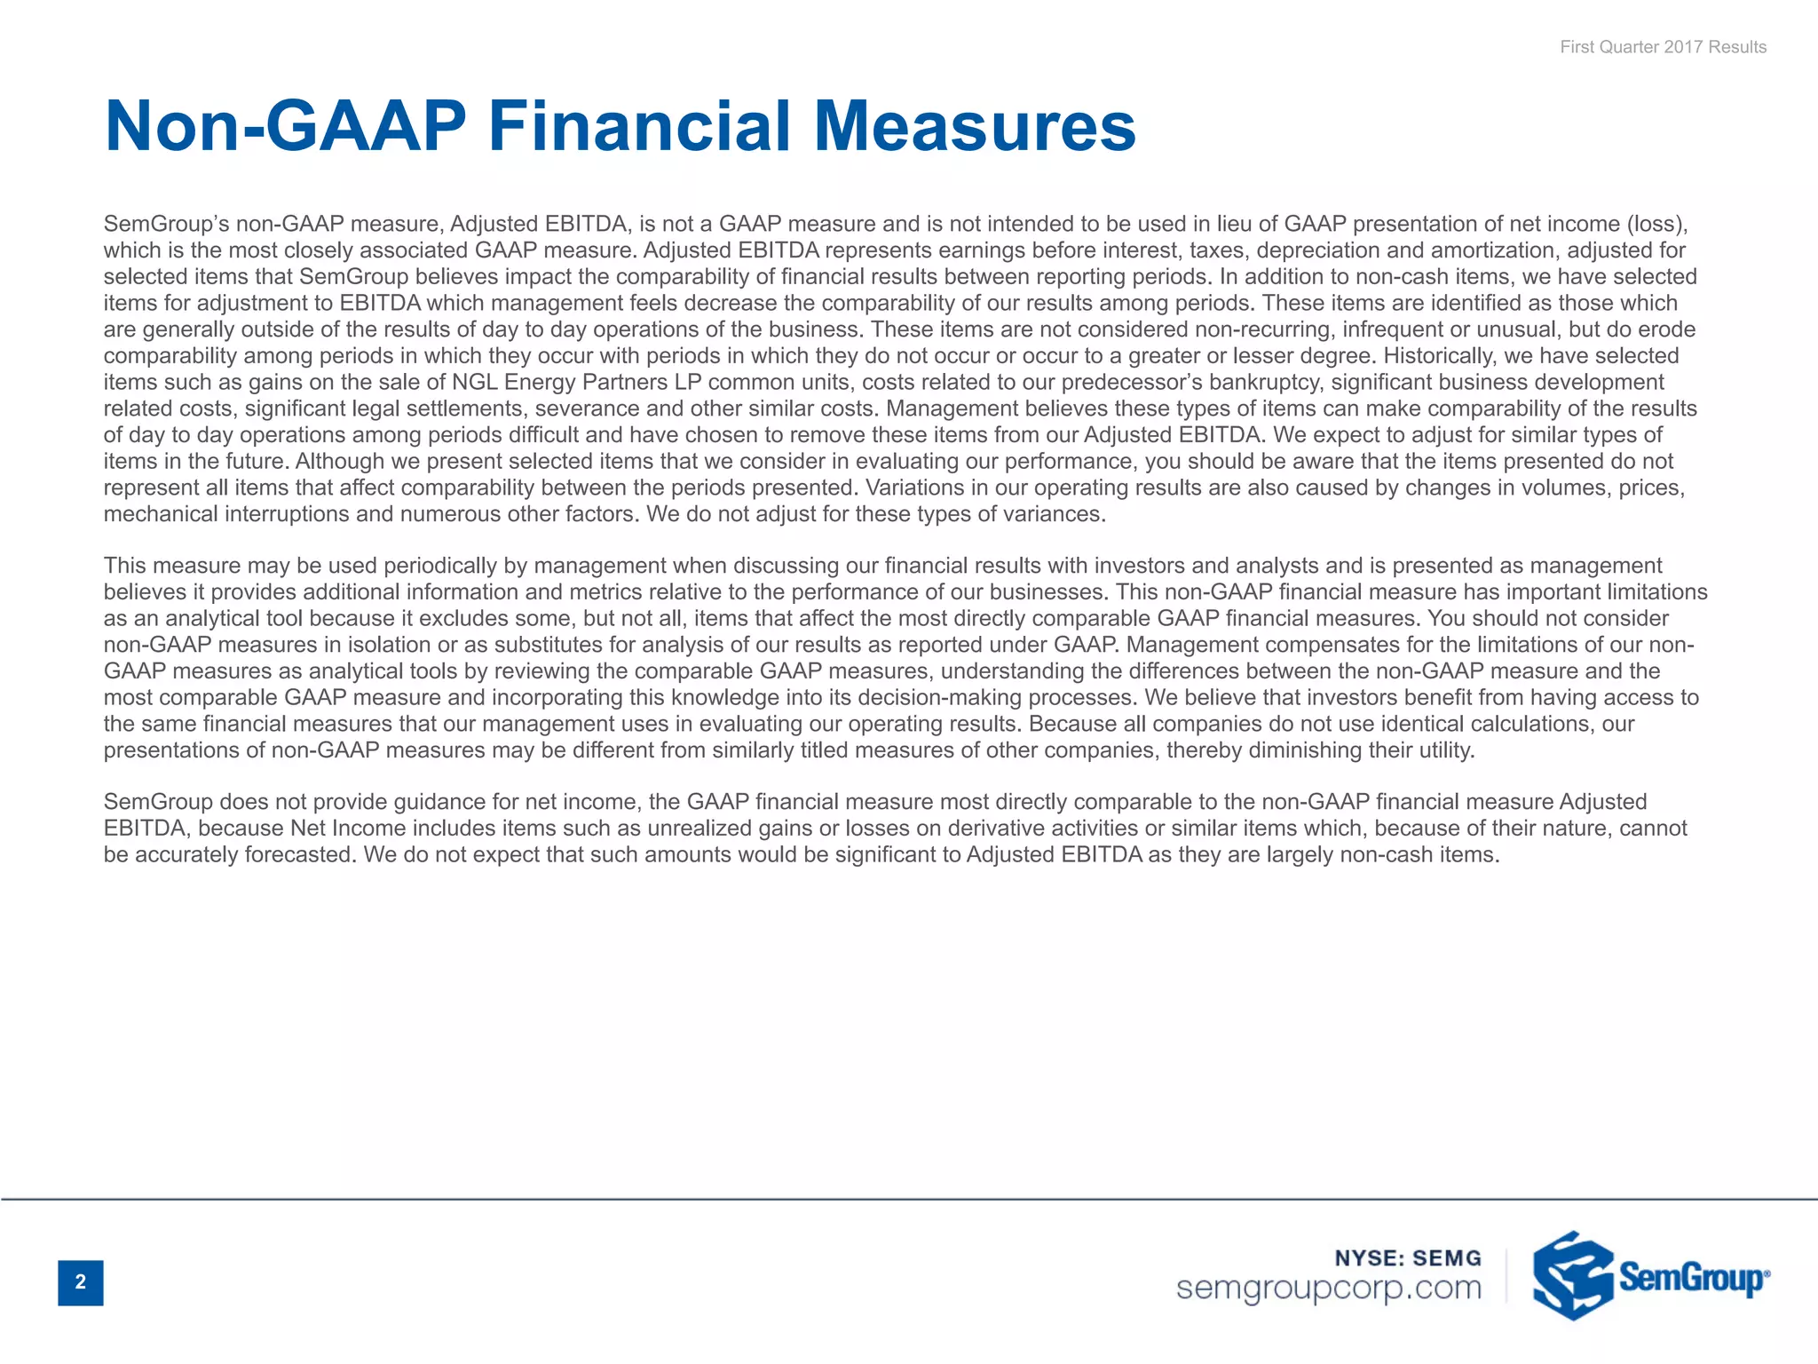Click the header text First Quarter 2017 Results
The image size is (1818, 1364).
[x=1663, y=47]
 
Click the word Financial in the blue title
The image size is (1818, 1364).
[x=639, y=126]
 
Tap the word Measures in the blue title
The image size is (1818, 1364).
[x=974, y=126]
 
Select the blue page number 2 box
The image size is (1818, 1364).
[x=81, y=1282]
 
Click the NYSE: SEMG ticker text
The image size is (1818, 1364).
[x=1408, y=1257]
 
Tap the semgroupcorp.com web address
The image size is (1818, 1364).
[x=1329, y=1288]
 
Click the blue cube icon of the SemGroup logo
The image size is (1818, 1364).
[x=1572, y=1275]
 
